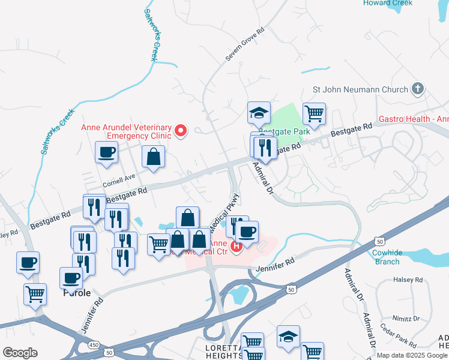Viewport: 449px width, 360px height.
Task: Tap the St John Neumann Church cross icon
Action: [x=418, y=89]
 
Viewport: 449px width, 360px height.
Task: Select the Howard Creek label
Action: [x=388, y=3]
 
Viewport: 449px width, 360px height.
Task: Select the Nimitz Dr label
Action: [x=408, y=318]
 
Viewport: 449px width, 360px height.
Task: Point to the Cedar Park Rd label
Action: [x=398, y=336]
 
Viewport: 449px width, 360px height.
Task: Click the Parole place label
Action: [x=77, y=293]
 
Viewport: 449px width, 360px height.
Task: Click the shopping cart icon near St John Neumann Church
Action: [x=315, y=112]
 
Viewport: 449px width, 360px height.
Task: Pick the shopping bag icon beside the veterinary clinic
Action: [x=154, y=157]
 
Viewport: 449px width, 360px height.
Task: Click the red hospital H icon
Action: [x=237, y=245]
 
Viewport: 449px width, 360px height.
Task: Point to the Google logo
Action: [x=20, y=353]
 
